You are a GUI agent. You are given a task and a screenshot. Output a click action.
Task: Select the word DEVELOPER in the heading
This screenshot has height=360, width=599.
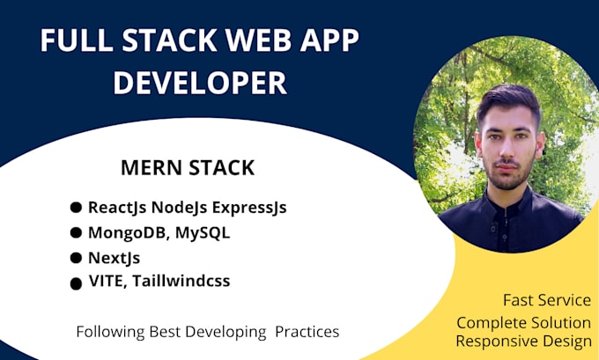click(200, 83)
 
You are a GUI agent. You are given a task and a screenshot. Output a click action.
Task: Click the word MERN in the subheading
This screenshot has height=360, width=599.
click(151, 167)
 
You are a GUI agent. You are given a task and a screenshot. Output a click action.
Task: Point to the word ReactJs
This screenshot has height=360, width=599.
click(117, 208)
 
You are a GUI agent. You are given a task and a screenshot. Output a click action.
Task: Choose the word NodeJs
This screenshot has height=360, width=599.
click(179, 208)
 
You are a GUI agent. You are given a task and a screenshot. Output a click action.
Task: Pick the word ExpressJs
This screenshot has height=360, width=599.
click(249, 208)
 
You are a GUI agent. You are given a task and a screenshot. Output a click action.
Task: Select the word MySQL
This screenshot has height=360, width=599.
click(203, 233)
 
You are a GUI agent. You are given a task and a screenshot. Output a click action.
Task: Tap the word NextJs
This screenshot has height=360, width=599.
click(115, 258)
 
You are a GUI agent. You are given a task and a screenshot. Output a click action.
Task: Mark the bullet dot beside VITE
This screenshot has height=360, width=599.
click(76, 284)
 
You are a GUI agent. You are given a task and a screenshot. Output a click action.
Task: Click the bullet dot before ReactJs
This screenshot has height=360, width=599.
click(76, 208)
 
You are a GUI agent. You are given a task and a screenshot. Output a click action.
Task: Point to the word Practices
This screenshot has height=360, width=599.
click(307, 332)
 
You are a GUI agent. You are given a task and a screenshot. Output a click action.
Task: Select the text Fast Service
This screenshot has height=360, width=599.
click(547, 300)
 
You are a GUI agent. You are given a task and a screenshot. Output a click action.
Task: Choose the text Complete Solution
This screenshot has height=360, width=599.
click(524, 323)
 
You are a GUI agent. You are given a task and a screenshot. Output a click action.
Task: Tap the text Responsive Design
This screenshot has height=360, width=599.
click(524, 341)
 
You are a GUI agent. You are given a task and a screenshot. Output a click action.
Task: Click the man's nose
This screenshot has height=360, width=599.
click(507, 151)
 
